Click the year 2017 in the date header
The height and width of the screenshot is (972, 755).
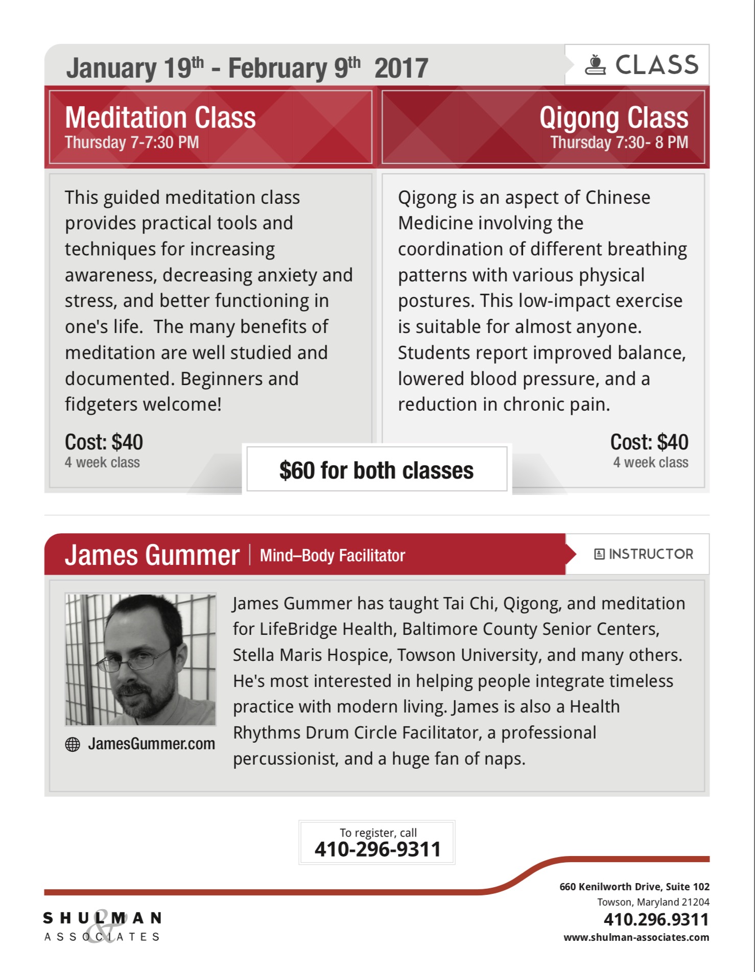pyautogui.click(x=401, y=68)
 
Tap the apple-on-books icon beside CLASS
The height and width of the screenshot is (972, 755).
pyautogui.click(x=595, y=65)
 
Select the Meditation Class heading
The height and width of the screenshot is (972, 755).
pyautogui.click(x=160, y=117)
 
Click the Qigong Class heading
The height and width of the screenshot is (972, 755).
pyautogui.click(x=614, y=118)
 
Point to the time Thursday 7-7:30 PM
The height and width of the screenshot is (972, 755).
pyautogui.click(x=132, y=143)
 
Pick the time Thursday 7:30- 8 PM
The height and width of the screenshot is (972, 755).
pyautogui.click(x=619, y=143)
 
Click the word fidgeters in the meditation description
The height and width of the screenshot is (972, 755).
pyautogui.click(x=101, y=405)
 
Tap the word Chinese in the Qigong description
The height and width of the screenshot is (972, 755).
pyautogui.click(x=618, y=198)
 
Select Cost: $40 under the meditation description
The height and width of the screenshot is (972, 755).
pyautogui.click(x=104, y=442)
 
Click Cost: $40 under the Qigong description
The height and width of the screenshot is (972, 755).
pyautogui.click(x=649, y=442)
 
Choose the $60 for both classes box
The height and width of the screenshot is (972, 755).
pyautogui.click(x=376, y=470)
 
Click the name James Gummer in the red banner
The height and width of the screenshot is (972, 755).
pyautogui.click(x=152, y=555)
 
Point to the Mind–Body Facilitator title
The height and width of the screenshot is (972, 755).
pyautogui.click(x=332, y=556)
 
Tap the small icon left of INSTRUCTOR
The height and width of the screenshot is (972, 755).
pyautogui.click(x=599, y=554)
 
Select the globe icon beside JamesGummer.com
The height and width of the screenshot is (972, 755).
pyautogui.click(x=73, y=745)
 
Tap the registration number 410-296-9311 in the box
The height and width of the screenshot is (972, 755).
pyautogui.click(x=377, y=849)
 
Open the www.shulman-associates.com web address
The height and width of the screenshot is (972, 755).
pyautogui.click(x=636, y=937)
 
